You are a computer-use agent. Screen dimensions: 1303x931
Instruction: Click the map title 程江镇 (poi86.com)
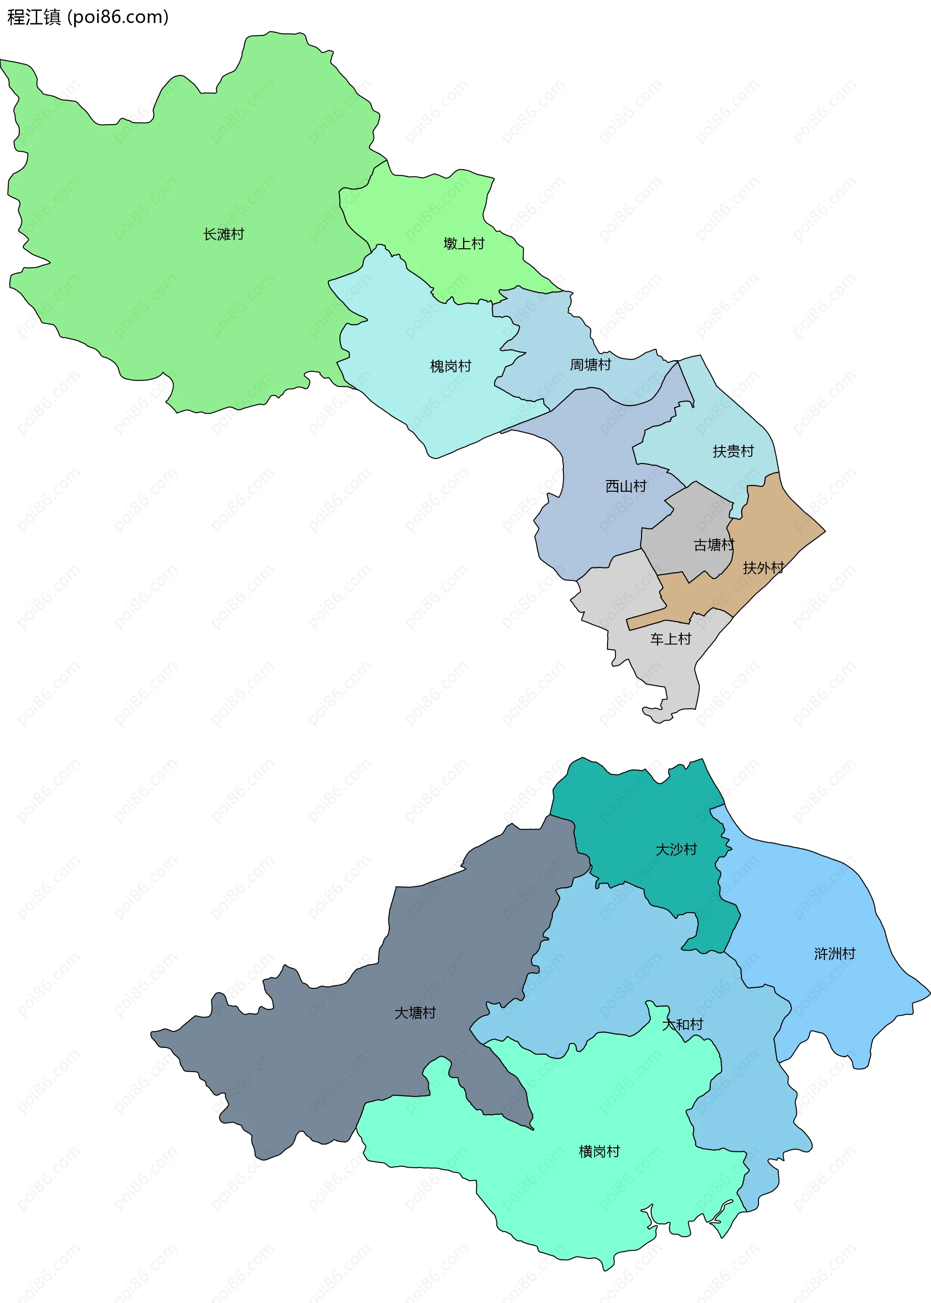[x=88, y=17]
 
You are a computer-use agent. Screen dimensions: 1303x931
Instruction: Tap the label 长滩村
[x=224, y=234]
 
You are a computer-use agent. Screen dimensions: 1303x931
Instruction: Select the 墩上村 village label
[x=464, y=243]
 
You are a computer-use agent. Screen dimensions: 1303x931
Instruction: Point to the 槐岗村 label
[x=450, y=366]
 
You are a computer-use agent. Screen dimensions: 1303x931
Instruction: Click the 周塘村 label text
[x=591, y=365]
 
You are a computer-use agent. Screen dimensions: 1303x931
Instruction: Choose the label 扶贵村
[x=733, y=451]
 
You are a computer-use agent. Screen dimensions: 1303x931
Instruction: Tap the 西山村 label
[x=626, y=486]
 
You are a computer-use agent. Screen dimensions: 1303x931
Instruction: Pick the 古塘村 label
[x=713, y=545]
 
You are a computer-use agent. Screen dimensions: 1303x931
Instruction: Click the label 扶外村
[x=763, y=567]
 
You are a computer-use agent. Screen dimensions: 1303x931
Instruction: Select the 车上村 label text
[x=671, y=639]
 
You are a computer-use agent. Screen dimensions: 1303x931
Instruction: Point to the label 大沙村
[x=676, y=849]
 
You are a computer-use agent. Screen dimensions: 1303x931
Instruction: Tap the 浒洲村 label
[x=835, y=953]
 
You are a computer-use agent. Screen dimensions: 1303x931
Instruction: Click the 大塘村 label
[x=415, y=1013]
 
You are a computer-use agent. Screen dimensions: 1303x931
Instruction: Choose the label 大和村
[x=682, y=1024]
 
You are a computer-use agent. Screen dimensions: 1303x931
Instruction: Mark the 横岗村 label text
[x=599, y=1151]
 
